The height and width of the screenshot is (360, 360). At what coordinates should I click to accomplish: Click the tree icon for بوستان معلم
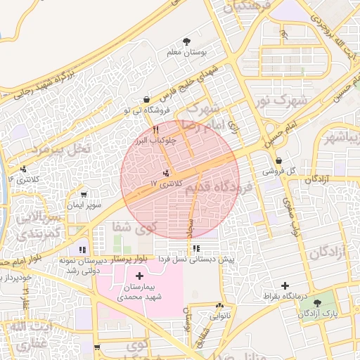tap(186, 41)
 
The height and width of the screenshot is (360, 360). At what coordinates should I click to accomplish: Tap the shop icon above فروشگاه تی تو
tap(146, 100)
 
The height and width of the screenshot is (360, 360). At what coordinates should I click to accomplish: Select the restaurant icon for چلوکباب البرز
tap(155, 129)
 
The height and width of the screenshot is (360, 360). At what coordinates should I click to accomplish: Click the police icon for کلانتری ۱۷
tap(166, 173)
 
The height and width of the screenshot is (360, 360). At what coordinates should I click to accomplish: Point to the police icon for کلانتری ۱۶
tap(25, 169)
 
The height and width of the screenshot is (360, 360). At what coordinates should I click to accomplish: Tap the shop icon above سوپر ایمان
tap(84, 195)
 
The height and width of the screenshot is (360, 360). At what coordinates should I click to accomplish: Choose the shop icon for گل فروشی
tap(279, 160)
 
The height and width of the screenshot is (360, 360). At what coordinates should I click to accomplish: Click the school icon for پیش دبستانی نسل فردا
tap(196, 248)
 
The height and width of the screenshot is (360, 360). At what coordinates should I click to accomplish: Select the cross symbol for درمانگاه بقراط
tap(284, 285)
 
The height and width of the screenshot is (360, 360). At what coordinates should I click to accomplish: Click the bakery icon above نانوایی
tap(221, 305)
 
